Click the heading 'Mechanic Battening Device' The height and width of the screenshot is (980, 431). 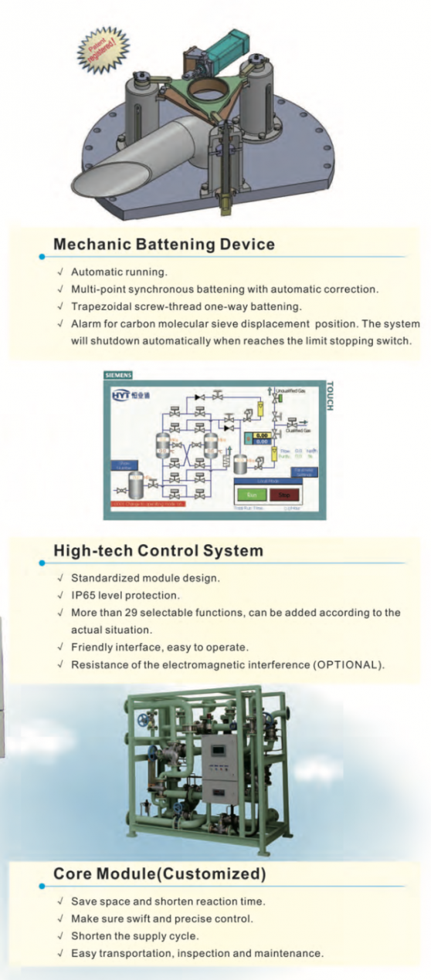pyautogui.click(x=164, y=245)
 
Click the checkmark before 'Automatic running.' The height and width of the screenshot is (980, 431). pyautogui.click(x=60, y=272)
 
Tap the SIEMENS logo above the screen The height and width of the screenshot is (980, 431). pyautogui.click(x=118, y=375)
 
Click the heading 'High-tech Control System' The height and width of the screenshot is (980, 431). pyautogui.click(x=158, y=551)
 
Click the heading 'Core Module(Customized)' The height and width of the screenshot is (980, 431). pyautogui.click(x=159, y=874)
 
